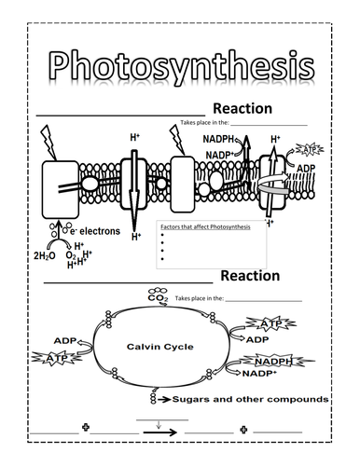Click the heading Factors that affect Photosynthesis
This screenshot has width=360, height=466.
coord(198,228)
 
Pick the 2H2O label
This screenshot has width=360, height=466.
coord(44,254)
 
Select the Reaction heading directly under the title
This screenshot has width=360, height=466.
coord(242,109)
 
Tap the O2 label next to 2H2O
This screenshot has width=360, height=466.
coord(69,254)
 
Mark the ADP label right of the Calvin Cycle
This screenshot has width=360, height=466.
coord(257,340)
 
